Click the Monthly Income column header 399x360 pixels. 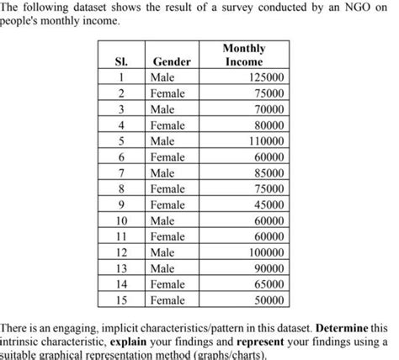[244, 56]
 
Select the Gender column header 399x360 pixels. [172, 62]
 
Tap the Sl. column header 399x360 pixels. [124, 62]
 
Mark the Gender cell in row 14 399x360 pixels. [168, 283]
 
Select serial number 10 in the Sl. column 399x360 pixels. [123, 220]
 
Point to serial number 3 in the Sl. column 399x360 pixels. [123, 109]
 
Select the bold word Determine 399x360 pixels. [342, 325]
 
